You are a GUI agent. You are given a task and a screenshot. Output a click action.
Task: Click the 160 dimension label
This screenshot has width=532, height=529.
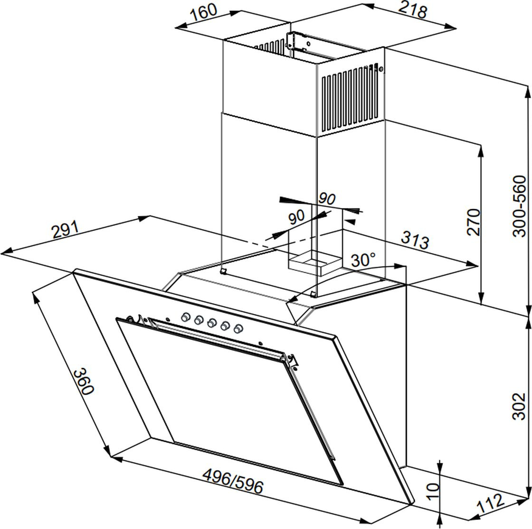(203, 15)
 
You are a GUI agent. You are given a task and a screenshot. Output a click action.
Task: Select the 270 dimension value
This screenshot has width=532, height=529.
(473, 222)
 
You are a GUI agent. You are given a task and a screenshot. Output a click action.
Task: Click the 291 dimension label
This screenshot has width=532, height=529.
(66, 231)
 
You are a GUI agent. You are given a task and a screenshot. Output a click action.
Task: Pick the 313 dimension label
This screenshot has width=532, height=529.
(415, 240)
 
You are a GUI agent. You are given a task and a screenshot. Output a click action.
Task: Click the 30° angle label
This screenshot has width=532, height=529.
(363, 260)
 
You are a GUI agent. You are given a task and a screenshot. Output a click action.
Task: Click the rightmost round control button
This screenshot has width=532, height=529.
(238, 328)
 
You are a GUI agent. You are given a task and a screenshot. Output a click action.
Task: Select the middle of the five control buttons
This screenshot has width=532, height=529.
(212, 322)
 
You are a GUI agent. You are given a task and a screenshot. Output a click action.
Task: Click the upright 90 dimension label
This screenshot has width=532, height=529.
(327, 199)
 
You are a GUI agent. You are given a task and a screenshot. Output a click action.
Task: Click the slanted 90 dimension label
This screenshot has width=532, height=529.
(296, 218)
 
